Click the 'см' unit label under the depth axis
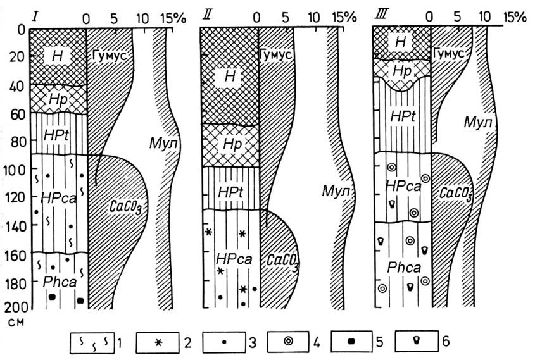tap(16, 322)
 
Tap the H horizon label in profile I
tap(57, 56)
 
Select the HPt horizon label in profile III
tap(403, 117)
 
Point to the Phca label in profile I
tap(60, 282)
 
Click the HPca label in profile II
tap(234, 259)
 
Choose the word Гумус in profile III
tap(449, 53)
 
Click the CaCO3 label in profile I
tap(125, 207)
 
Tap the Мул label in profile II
tap(336, 192)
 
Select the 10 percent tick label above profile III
tap(485, 16)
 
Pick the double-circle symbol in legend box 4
tap(289, 342)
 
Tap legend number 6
tap(446, 341)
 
